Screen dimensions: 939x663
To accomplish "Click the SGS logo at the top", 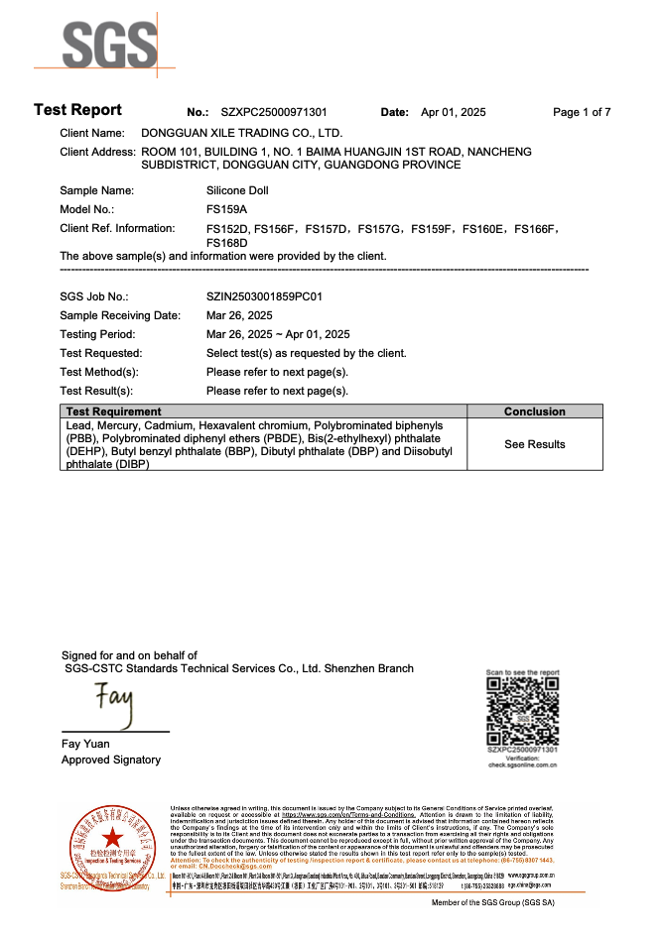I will point(110,48).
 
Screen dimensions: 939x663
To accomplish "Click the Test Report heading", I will point(77,110).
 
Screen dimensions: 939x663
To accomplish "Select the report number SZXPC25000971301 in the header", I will point(274,112).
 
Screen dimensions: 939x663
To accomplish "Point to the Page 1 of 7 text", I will point(582,112).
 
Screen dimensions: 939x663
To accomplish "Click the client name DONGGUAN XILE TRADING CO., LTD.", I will point(242,132).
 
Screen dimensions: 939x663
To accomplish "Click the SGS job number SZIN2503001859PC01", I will point(264,296).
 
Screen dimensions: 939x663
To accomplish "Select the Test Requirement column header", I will point(112,411).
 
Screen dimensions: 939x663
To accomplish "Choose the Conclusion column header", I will point(534,411).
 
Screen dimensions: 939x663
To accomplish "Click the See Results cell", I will point(534,444).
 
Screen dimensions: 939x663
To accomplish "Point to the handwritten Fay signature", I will point(113,705).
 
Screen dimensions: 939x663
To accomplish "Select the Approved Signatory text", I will point(111,760).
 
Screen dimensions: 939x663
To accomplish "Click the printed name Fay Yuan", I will point(85,744).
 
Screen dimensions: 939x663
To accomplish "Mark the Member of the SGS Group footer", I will point(492,903).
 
